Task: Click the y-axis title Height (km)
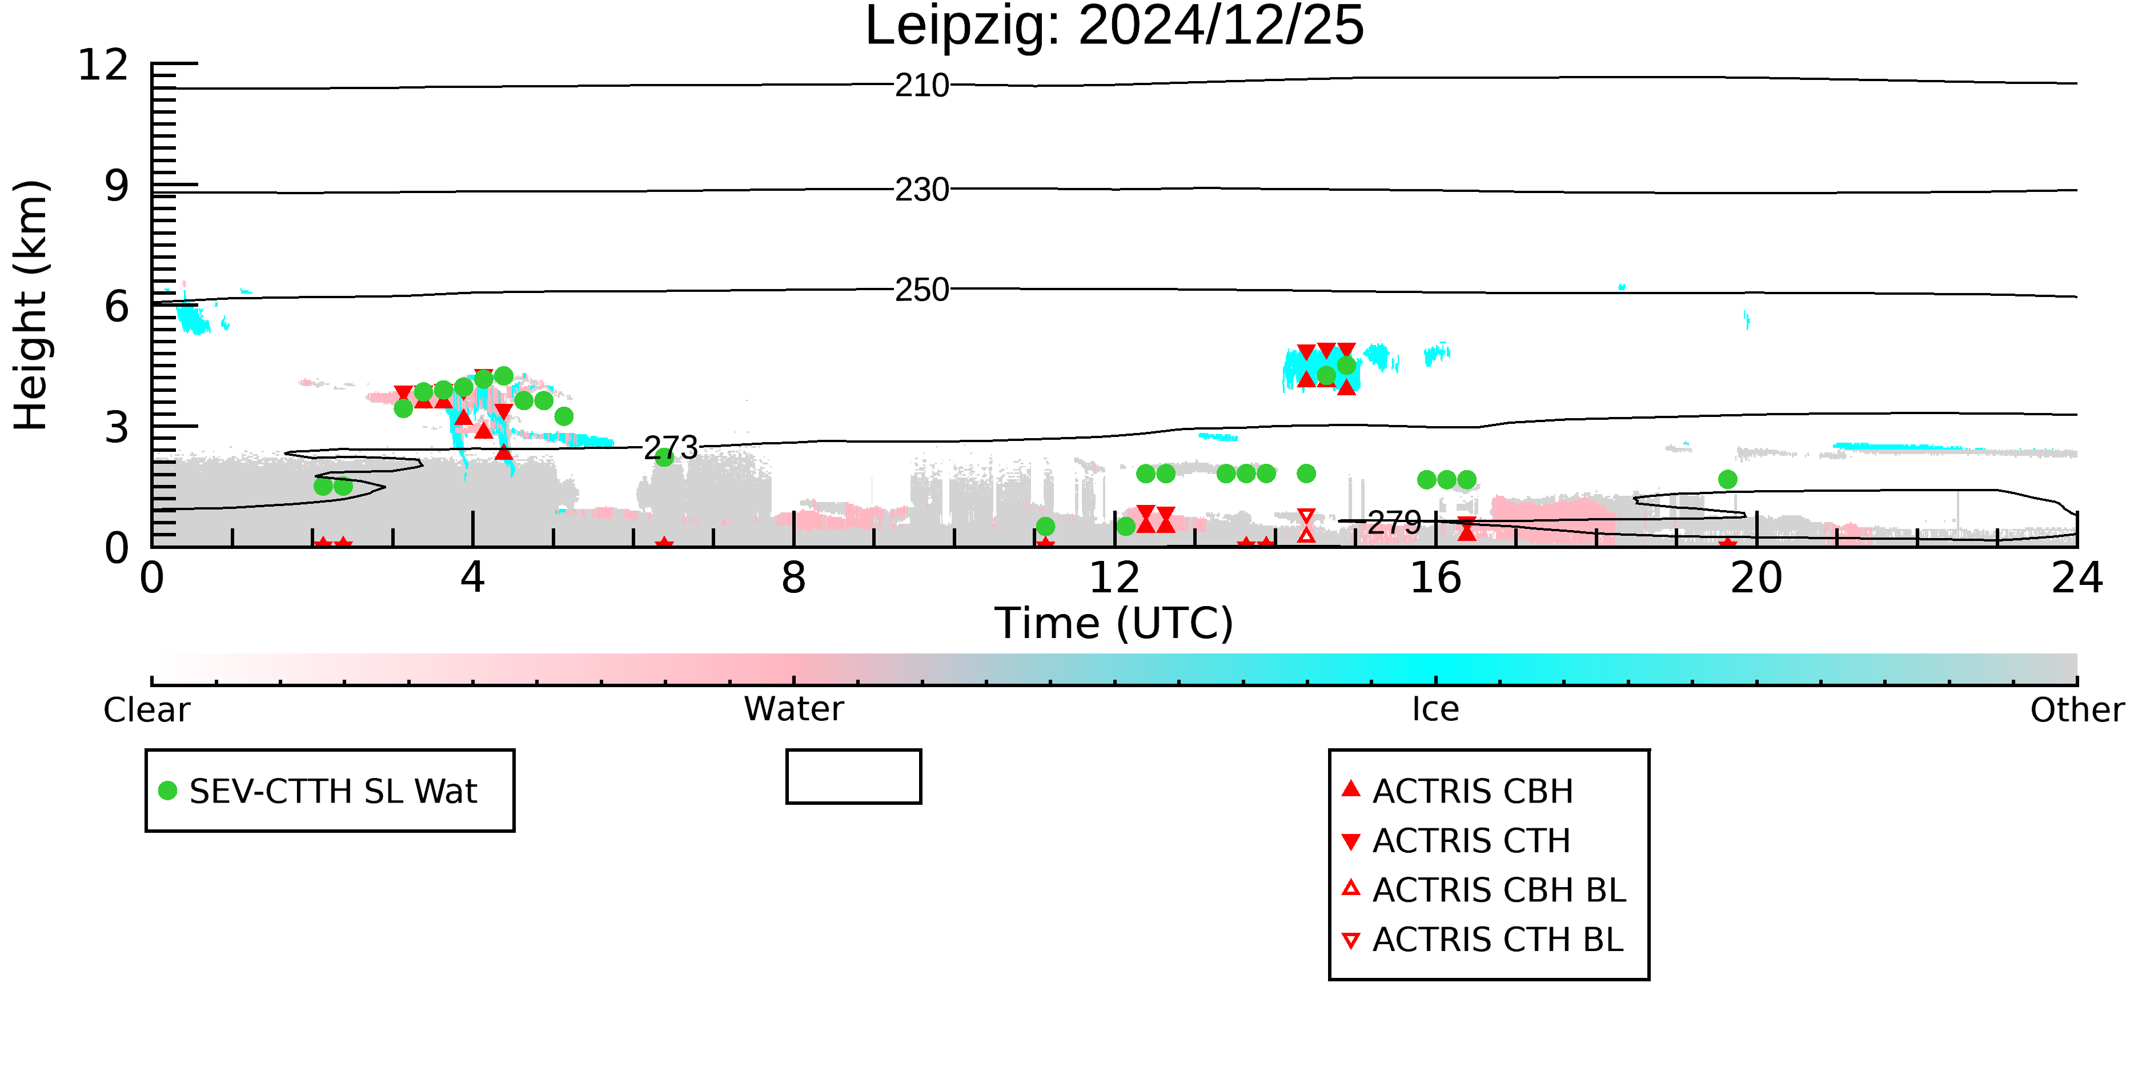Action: pos(31,305)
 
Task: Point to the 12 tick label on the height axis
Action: pos(103,65)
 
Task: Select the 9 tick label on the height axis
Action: pos(117,186)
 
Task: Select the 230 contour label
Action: pos(922,190)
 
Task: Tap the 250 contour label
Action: pos(922,290)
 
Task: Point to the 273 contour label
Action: pos(671,448)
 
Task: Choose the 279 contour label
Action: pos(1394,523)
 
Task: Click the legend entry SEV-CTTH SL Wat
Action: pos(319,791)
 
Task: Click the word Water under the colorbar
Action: pos(794,709)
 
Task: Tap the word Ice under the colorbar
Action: pos(1435,709)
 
